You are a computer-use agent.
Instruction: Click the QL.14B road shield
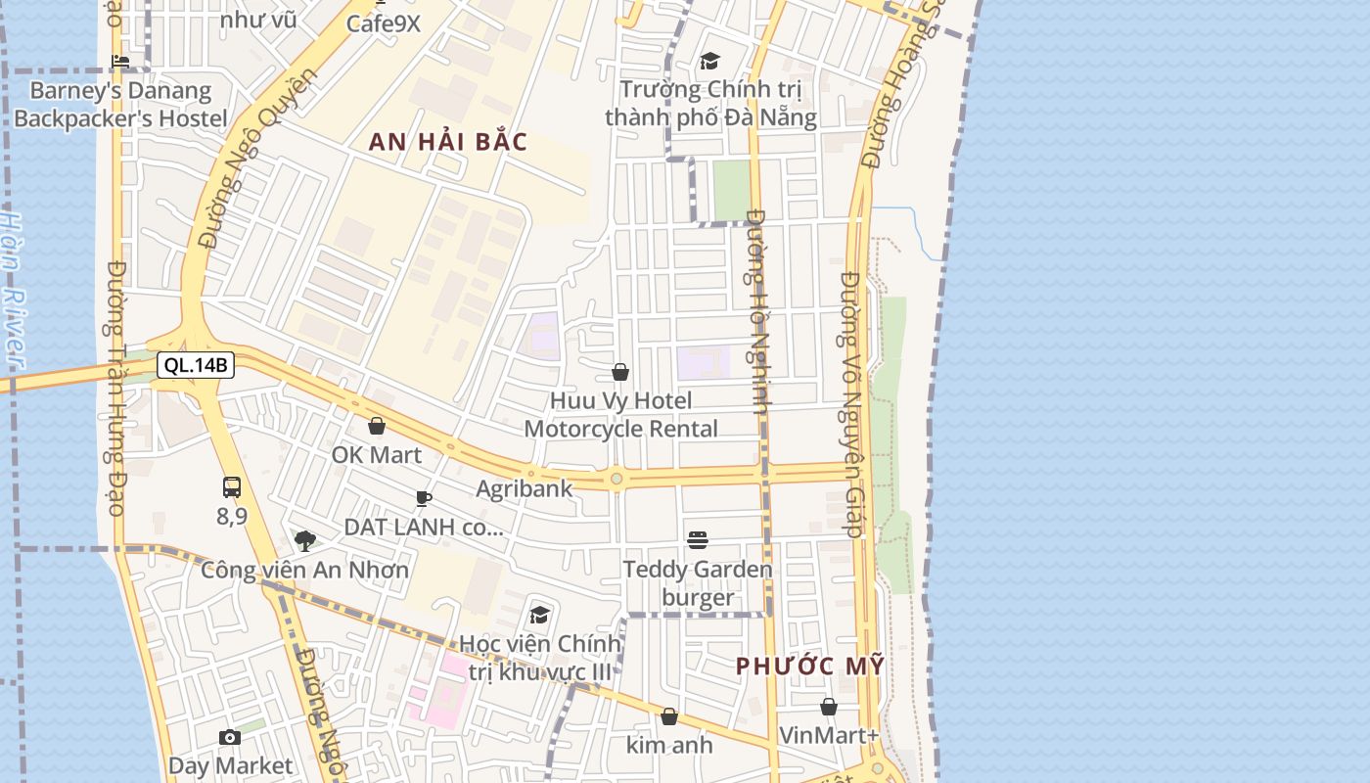coord(196,366)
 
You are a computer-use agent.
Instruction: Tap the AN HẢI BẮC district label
coord(448,142)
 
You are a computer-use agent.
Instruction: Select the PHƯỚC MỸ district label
coord(810,667)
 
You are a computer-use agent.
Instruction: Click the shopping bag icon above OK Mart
coord(377,426)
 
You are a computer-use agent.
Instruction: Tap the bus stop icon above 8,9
coord(232,486)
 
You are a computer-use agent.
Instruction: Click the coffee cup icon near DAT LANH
coord(424,498)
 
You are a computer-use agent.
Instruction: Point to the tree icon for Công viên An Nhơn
coord(304,540)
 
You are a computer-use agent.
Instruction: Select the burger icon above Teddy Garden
coord(698,539)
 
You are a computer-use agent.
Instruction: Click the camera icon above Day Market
coord(230,737)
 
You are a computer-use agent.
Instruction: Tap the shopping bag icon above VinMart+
coord(829,707)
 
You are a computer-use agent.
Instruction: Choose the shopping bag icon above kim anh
coord(669,717)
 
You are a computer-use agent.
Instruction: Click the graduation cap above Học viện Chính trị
coord(539,615)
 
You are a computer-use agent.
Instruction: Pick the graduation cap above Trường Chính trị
coord(709,61)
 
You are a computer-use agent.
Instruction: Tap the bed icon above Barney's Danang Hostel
coord(120,62)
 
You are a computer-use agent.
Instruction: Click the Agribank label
coord(525,487)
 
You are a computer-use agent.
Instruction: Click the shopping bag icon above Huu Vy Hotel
coord(620,372)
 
